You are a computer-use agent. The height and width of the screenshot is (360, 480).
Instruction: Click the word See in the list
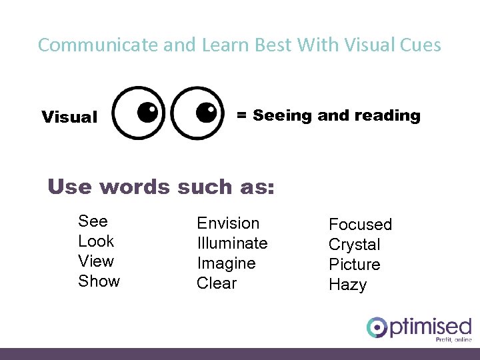(93, 221)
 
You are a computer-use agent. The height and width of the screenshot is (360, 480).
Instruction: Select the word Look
(96, 241)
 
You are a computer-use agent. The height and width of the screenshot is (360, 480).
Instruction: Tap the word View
(96, 261)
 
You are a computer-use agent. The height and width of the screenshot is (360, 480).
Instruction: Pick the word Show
(99, 281)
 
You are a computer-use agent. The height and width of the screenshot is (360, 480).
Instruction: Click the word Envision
(228, 223)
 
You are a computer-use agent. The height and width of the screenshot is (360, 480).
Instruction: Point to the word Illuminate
(232, 243)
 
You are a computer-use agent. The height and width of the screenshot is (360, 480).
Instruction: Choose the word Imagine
(226, 264)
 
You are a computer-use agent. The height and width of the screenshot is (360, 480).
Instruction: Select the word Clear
(217, 283)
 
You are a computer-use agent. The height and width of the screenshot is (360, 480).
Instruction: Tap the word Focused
(360, 225)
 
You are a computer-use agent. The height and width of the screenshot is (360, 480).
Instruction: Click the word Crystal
(355, 245)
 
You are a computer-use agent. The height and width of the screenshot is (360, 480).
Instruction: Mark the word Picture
(355, 265)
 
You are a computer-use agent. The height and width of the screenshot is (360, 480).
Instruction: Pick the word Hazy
(348, 285)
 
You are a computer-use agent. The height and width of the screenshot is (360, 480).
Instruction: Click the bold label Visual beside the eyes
(69, 117)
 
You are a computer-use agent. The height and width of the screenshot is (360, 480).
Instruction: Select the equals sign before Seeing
(242, 115)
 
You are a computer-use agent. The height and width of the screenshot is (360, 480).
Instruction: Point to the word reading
(387, 116)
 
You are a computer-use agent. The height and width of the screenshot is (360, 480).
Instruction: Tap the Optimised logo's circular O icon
(377, 327)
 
